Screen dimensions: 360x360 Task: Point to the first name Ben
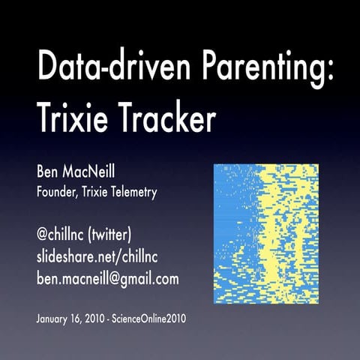click(49, 174)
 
